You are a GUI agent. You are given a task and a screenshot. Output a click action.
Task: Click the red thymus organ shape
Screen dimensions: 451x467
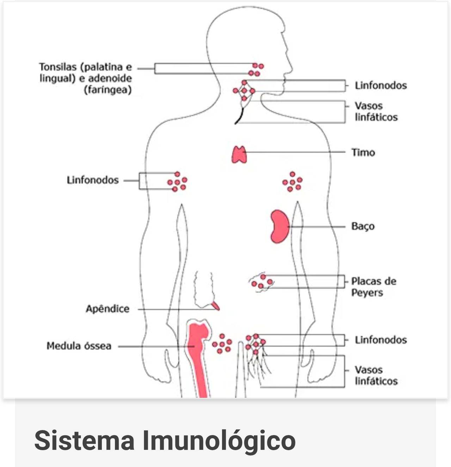(x=239, y=154)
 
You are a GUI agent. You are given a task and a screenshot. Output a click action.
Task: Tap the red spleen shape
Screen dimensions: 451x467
(x=279, y=226)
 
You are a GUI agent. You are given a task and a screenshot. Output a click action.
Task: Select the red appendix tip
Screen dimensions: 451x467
(x=216, y=305)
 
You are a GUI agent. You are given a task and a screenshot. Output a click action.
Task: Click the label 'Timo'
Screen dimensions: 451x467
(x=363, y=152)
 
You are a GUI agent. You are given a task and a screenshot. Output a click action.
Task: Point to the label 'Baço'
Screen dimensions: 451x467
(x=363, y=226)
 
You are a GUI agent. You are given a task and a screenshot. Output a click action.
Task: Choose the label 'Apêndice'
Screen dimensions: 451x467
(x=108, y=309)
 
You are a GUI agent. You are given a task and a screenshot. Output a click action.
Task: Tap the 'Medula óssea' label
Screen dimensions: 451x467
(x=79, y=346)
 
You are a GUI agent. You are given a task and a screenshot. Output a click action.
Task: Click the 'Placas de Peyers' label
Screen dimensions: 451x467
(x=373, y=287)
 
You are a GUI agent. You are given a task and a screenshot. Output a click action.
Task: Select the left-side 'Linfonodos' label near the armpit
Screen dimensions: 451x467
(x=93, y=180)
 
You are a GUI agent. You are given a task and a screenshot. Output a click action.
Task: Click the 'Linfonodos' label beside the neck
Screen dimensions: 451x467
(x=381, y=85)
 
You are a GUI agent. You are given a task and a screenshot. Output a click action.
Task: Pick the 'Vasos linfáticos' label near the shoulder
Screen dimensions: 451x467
(x=376, y=111)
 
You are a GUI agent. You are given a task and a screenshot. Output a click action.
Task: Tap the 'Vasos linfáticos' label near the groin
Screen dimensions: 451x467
(x=376, y=375)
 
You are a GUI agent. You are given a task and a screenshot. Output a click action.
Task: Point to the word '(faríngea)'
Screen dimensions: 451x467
(x=108, y=90)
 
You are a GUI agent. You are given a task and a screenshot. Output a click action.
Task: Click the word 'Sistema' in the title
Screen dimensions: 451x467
(x=84, y=440)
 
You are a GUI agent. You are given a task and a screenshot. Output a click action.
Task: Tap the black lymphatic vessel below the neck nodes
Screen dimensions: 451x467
(x=240, y=116)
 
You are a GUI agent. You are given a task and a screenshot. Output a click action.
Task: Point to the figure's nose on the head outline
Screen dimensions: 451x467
(x=290, y=65)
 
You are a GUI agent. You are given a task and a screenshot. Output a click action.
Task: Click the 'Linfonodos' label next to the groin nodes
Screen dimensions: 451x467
(x=381, y=340)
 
